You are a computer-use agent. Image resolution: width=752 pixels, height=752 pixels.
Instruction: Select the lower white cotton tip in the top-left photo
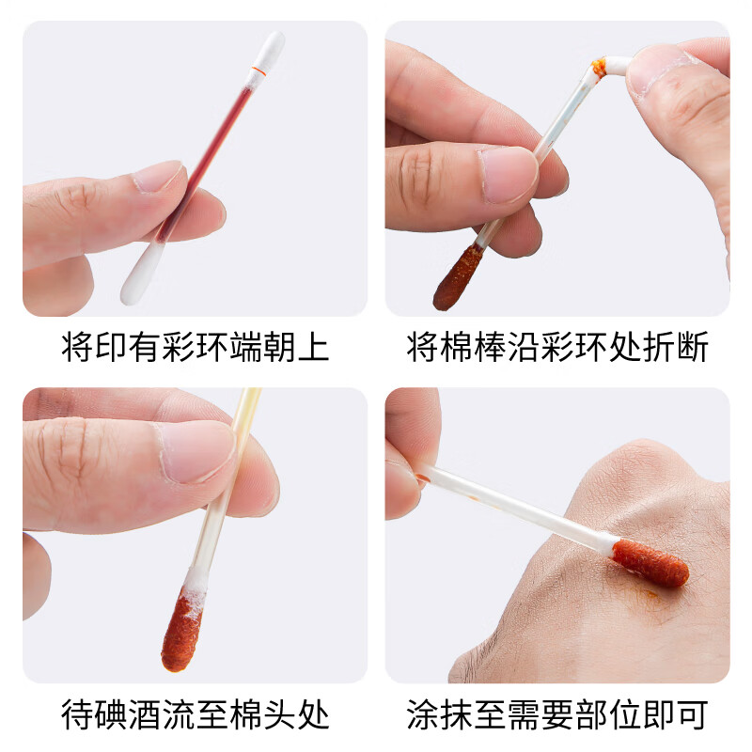tap(139, 274)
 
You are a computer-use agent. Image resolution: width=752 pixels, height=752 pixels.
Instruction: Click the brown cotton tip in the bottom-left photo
tap(181, 630)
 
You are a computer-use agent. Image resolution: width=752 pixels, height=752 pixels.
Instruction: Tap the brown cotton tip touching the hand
tap(650, 562)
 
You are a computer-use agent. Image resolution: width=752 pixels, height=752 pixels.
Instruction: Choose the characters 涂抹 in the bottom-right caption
tap(439, 714)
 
